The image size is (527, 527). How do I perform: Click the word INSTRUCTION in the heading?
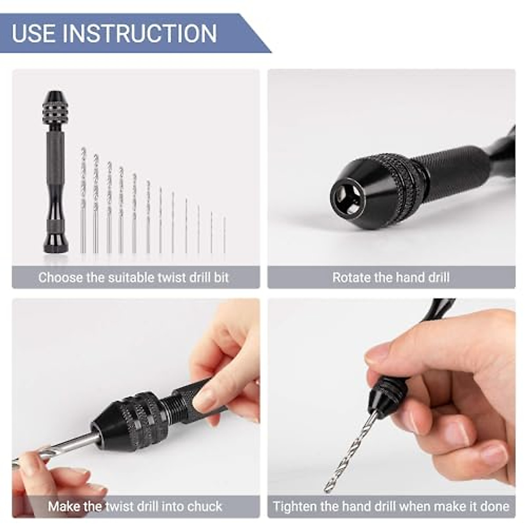[140, 34]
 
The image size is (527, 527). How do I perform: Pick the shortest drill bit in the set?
[224, 235]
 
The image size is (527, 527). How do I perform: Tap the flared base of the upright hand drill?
[56, 242]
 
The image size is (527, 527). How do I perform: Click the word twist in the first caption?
[167, 278]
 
